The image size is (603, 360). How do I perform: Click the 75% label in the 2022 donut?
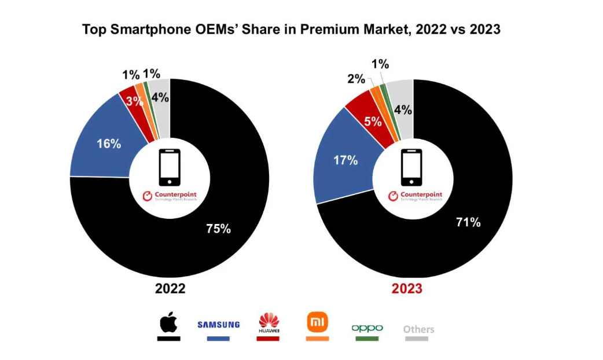pyautogui.click(x=218, y=229)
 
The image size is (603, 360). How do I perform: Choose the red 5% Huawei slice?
pyautogui.click(x=372, y=121)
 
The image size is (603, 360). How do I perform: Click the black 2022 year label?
pyautogui.click(x=170, y=288)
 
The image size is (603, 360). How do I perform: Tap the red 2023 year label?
pyautogui.click(x=407, y=288)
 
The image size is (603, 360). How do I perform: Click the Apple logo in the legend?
pyautogui.click(x=168, y=322)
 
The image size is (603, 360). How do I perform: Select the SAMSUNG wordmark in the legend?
pyautogui.click(x=218, y=325)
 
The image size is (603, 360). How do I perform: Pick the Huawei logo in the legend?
pyautogui.click(x=269, y=322)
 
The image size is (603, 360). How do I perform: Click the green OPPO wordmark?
pyautogui.click(x=367, y=328)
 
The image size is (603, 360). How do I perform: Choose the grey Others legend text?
pyautogui.click(x=418, y=329)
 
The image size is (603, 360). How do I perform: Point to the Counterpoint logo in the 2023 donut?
pyautogui.click(x=416, y=196)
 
